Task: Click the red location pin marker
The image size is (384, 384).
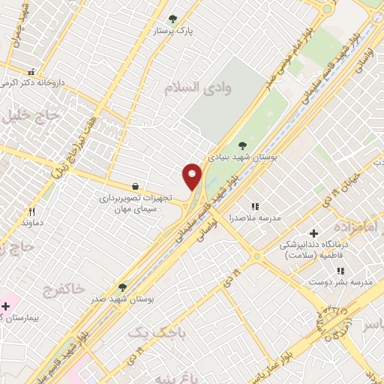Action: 193,176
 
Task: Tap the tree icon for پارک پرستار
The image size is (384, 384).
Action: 173,19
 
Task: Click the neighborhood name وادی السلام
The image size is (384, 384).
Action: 198,88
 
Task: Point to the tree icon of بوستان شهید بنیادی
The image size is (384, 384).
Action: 241,145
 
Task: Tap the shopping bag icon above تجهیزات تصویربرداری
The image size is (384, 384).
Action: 134,186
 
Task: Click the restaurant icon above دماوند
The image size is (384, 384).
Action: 31,211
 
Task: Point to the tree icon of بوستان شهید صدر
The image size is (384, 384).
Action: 122,287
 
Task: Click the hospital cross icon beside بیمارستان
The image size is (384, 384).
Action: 6,306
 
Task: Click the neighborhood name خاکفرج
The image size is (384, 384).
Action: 57,289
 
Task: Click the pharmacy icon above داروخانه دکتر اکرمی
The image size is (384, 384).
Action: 31,70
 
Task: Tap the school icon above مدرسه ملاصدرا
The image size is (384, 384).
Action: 254,205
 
